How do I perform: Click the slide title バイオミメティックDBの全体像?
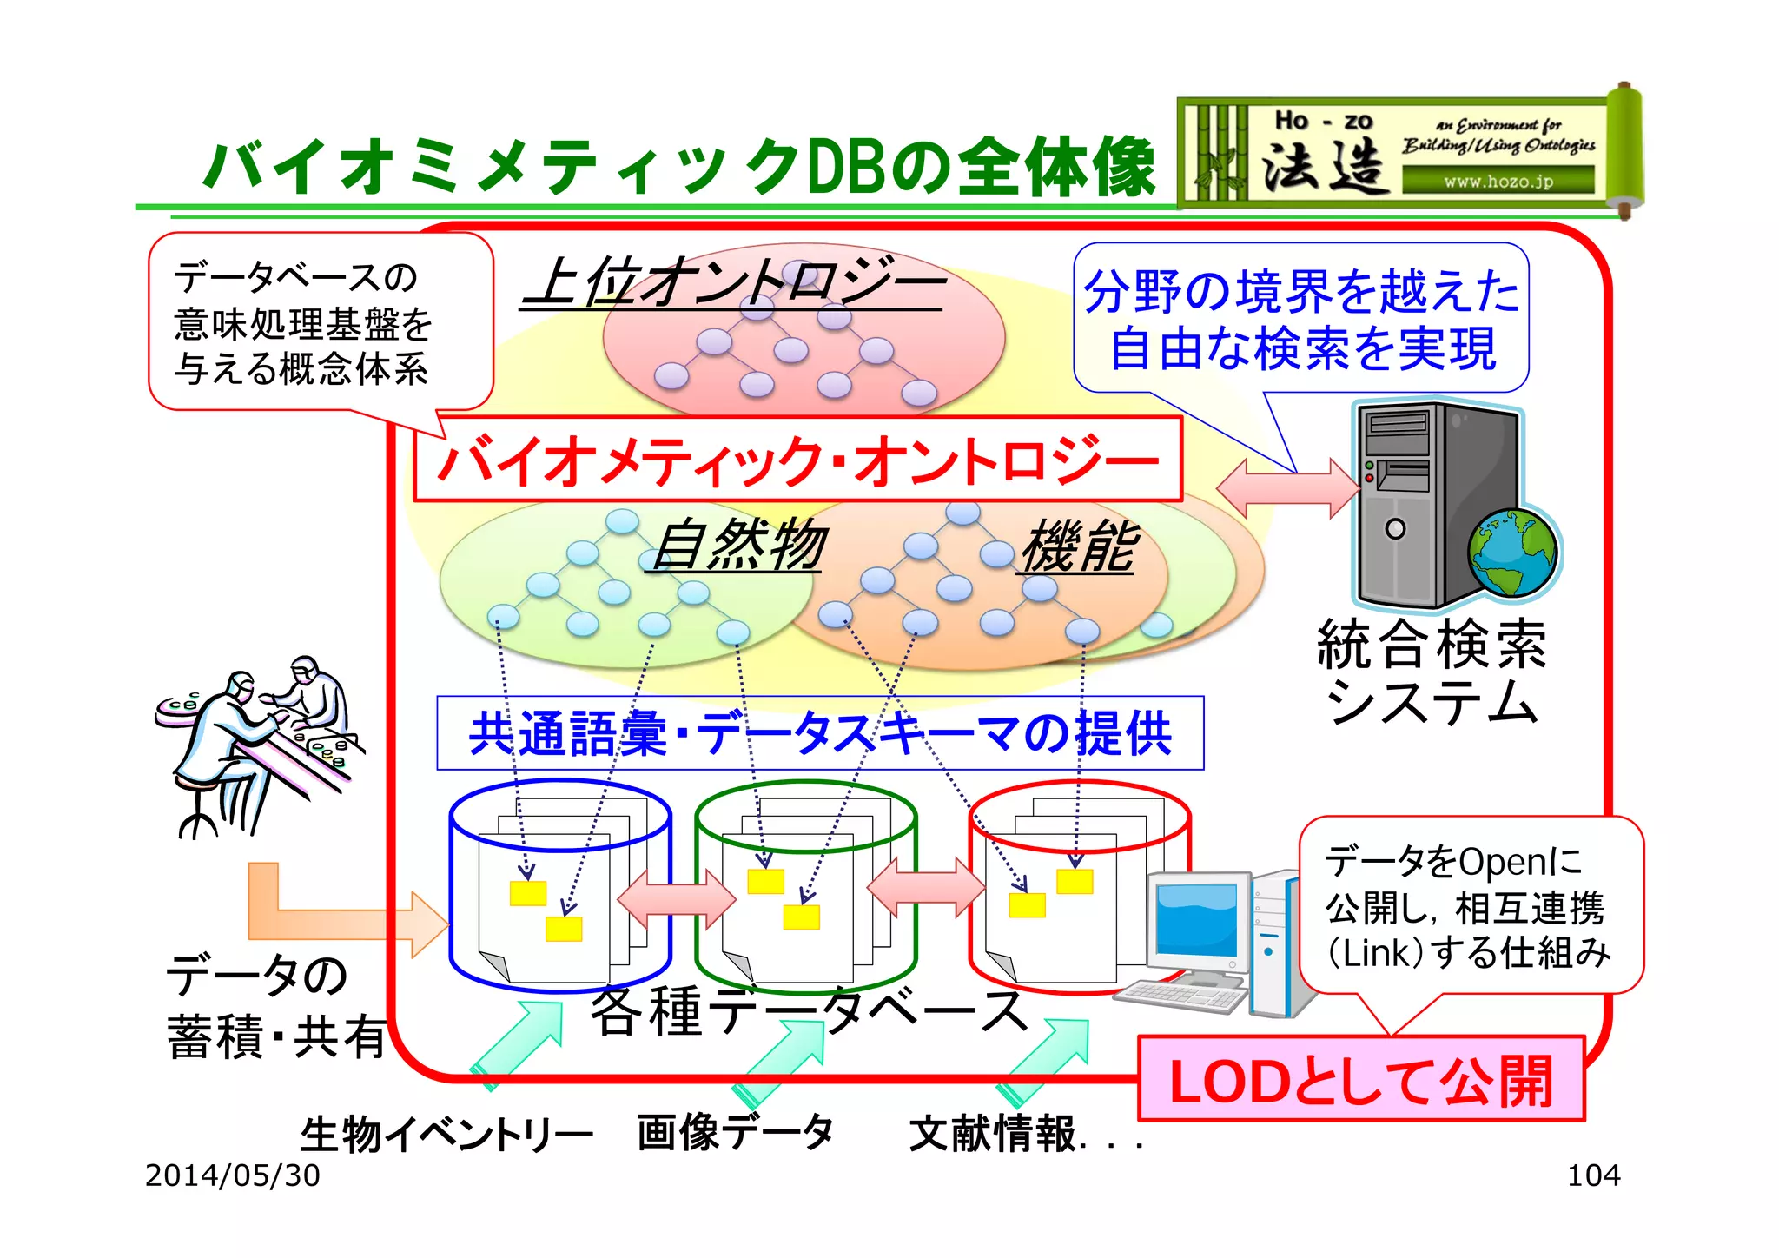coord(678,167)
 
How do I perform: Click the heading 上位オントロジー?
coord(734,282)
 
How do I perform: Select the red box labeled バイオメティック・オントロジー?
coord(797,460)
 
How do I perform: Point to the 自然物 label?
coord(738,546)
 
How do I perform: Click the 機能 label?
coord(1077,547)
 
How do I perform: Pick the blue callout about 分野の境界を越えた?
coord(1301,318)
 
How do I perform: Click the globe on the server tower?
coord(1513,553)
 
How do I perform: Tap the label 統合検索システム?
coord(1432,672)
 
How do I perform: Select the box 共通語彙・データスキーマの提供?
coord(820,733)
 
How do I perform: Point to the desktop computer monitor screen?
coord(1196,919)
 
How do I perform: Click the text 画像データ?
coord(735,1133)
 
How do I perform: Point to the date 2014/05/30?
coord(232,1175)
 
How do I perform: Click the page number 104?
coord(1593,1175)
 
